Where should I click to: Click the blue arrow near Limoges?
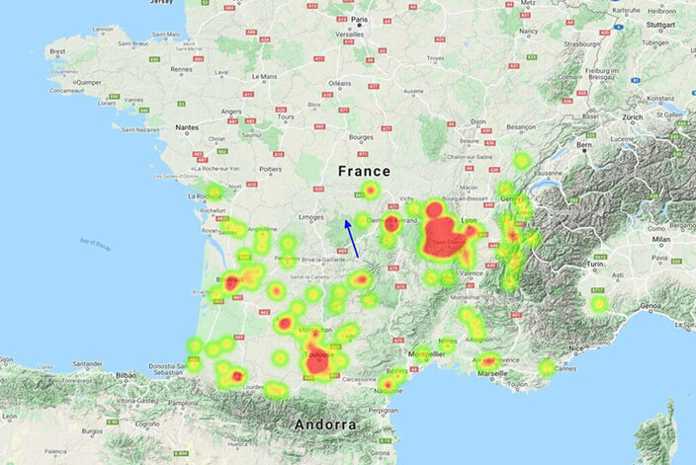(x=352, y=238)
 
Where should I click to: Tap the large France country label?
(x=365, y=171)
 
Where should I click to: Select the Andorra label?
(x=323, y=425)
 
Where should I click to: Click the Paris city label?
(x=362, y=19)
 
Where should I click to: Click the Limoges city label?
(x=313, y=216)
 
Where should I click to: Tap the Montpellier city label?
(x=428, y=352)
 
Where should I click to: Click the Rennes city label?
(x=183, y=70)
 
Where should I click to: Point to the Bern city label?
(x=584, y=145)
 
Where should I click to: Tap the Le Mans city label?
(x=265, y=76)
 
